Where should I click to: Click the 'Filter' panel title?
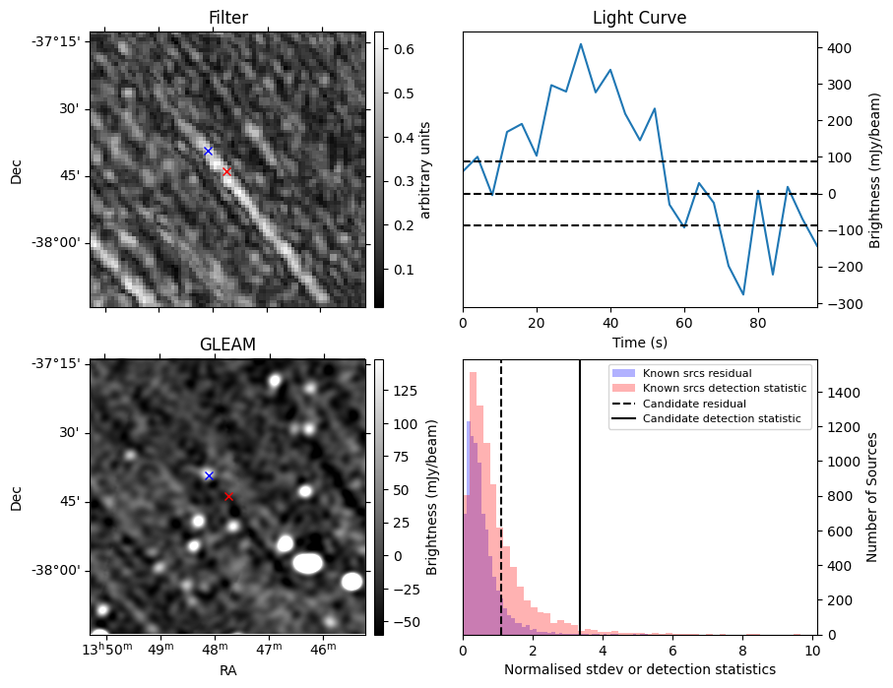click(x=227, y=18)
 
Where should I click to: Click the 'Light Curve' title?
click(x=639, y=18)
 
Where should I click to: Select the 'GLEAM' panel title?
click(x=227, y=344)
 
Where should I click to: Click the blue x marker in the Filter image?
click(x=208, y=151)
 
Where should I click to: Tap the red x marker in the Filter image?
click(x=226, y=171)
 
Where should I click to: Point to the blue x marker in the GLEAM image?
click(x=209, y=475)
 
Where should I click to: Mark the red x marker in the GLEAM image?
click(x=228, y=497)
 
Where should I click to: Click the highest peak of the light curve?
click(x=581, y=44)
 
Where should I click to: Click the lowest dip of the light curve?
click(x=743, y=294)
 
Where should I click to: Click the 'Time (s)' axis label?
click(x=639, y=342)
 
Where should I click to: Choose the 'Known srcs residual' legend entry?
click(x=697, y=374)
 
